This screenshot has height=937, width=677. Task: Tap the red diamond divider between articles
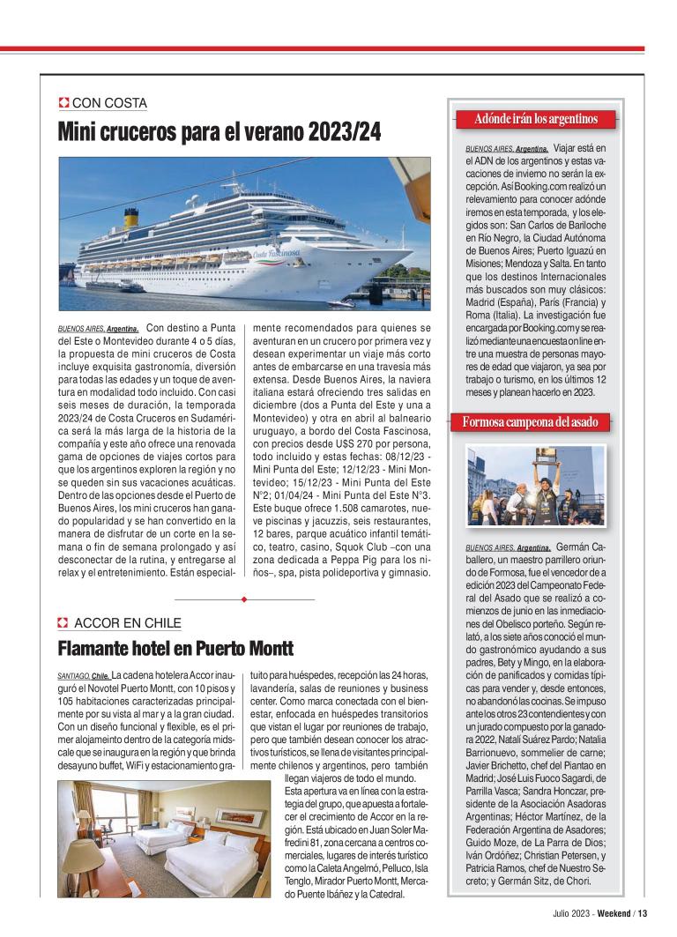tap(243, 599)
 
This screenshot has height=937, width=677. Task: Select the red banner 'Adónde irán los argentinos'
tap(536, 119)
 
